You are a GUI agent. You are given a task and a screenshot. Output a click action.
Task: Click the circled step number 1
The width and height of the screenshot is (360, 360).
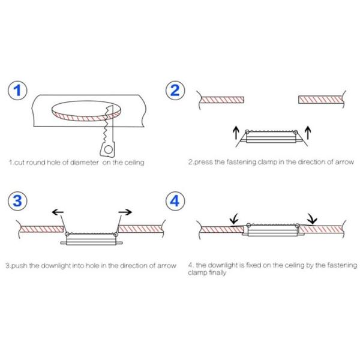click(x=17, y=90)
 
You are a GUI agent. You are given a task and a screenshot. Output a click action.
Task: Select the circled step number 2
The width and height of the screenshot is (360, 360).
click(x=175, y=90)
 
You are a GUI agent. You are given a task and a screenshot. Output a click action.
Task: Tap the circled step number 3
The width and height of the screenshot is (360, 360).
click(x=17, y=201)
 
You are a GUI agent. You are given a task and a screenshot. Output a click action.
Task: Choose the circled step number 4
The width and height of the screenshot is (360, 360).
click(x=175, y=201)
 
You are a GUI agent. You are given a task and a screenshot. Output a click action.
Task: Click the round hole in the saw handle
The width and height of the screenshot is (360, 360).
click(x=108, y=149)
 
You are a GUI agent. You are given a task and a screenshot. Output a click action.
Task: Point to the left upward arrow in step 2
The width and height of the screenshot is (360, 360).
click(x=236, y=133)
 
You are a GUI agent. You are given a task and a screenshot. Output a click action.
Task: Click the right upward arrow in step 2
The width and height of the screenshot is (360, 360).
click(x=308, y=133)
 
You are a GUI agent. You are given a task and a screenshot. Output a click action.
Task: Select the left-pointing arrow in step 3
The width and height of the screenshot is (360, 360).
click(x=58, y=212)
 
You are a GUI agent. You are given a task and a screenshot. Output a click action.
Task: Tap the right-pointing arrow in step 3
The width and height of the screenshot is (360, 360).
click(x=125, y=212)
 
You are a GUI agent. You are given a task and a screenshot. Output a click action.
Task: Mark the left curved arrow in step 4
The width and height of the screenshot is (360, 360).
click(x=234, y=218)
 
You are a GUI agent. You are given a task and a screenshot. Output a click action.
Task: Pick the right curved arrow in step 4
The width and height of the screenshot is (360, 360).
click(x=313, y=219)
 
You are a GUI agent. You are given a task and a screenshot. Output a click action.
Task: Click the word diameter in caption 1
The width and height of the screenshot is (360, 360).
click(x=84, y=163)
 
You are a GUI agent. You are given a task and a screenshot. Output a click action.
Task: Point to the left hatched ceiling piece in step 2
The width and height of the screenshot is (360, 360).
click(x=222, y=100)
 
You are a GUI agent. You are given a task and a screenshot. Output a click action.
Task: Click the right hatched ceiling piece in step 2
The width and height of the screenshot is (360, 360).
click(x=320, y=100)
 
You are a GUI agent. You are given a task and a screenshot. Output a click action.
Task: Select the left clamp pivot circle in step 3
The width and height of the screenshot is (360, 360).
click(x=67, y=235)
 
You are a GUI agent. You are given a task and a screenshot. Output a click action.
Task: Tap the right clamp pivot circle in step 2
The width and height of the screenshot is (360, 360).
click(x=296, y=132)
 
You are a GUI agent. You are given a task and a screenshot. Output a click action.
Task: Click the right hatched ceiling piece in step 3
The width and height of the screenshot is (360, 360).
click(x=140, y=229)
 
